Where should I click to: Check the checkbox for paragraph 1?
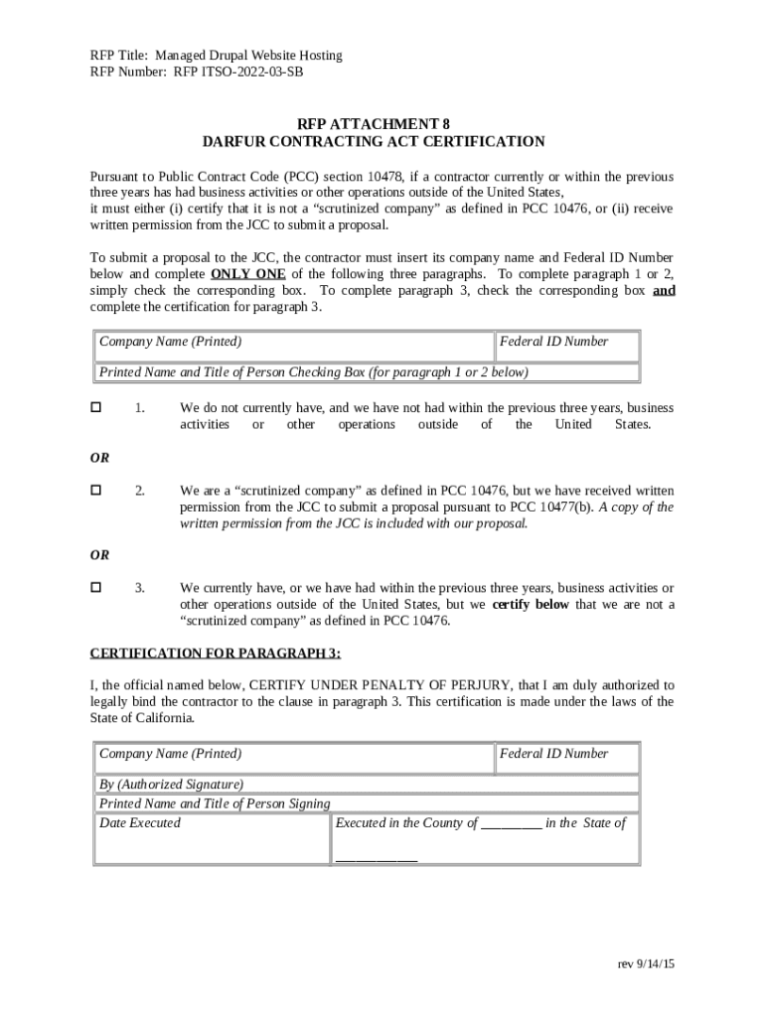pyautogui.click(x=96, y=407)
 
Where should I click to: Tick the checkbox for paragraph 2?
pyautogui.click(x=96, y=490)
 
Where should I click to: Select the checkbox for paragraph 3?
pyautogui.click(x=96, y=587)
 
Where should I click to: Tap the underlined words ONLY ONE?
pyautogui.click(x=247, y=274)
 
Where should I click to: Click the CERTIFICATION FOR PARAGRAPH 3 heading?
pyautogui.click(x=216, y=653)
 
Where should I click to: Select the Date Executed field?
pyautogui.click(x=211, y=839)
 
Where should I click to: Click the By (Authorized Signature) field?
pyautogui.click(x=367, y=785)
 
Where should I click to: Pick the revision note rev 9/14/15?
pyautogui.click(x=645, y=964)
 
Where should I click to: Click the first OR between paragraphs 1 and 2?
pyautogui.click(x=99, y=458)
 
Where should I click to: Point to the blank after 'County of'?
pyautogui.click(x=511, y=824)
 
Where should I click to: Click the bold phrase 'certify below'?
pyautogui.click(x=531, y=604)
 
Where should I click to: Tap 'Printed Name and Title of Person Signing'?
pyautogui.click(x=215, y=803)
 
